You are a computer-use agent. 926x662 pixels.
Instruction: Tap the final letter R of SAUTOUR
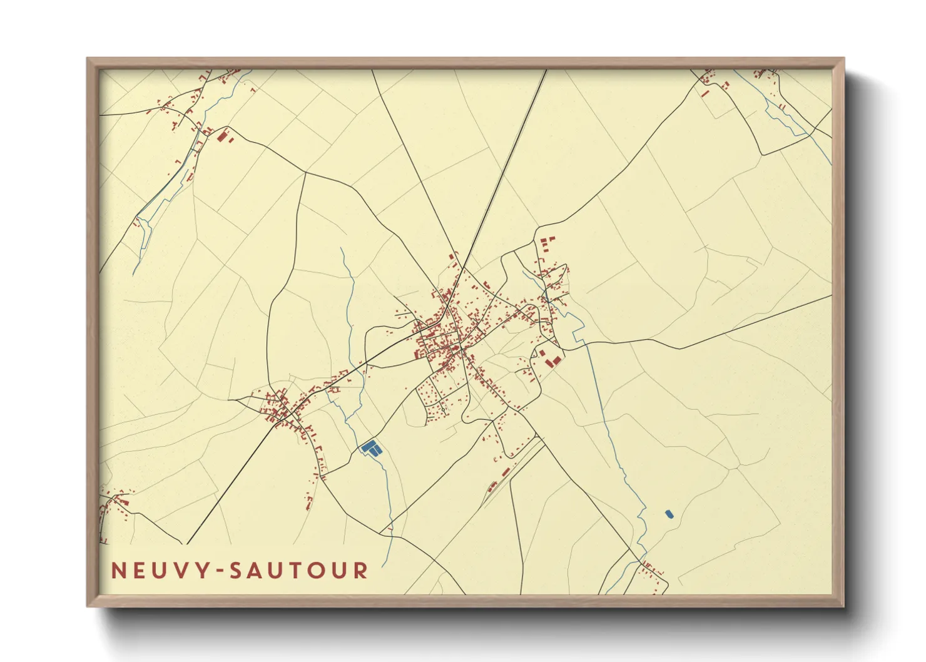[x=361, y=571]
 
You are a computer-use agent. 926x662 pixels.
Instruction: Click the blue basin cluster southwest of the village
[x=371, y=448]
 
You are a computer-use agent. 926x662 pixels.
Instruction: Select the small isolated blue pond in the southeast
[x=668, y=514]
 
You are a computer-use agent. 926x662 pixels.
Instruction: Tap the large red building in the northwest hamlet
[x=221, y=136]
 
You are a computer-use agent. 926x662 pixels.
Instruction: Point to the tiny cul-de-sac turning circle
[x=443, y=410]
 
